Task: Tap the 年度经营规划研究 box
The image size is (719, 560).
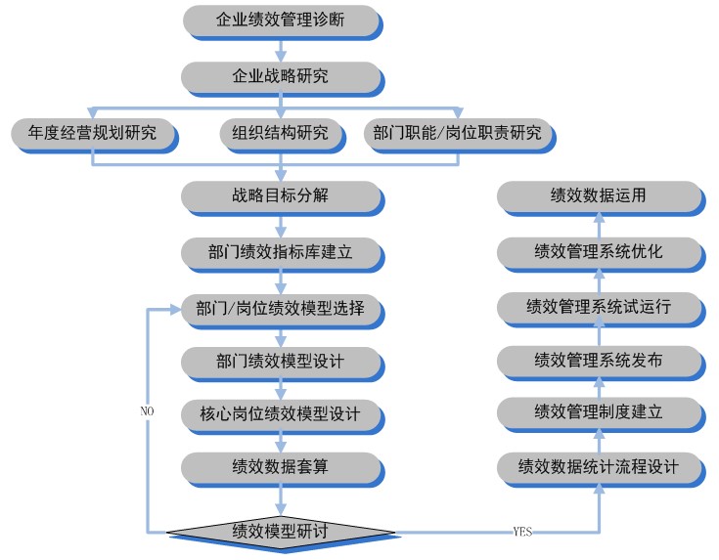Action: (93, 133)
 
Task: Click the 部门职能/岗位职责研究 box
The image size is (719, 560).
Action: (456, 133)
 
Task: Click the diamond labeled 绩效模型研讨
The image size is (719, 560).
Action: (280, 532)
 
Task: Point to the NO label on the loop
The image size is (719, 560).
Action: (147, 411)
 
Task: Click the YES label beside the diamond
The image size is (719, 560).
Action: (522, 533)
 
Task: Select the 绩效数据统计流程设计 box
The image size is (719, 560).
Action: (598, 467)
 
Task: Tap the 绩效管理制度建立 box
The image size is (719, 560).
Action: (598, 413)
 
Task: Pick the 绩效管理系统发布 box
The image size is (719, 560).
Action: (598, 362)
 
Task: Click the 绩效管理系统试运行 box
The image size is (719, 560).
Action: (598, 308)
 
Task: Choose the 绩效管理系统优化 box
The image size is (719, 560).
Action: (598, 252)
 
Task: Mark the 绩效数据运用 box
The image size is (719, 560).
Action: (598, 196)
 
